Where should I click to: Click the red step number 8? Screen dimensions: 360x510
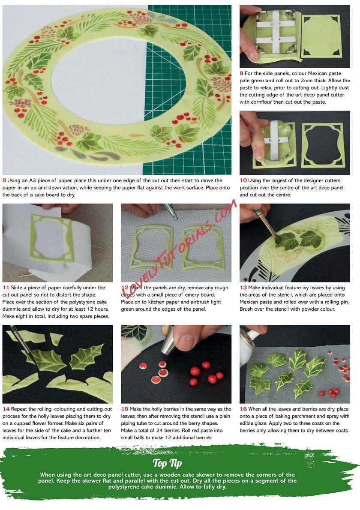[x=4, y=180]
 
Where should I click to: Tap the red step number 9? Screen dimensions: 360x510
[x=242, y=74]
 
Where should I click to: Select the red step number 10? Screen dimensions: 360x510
[x=243, y=180]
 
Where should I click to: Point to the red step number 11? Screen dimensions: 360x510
[x=6, y=288]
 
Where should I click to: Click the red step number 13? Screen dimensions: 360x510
[x=243, y=288]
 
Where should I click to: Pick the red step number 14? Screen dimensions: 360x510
[x=6, y=409]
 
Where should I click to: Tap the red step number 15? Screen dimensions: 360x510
[x=125, y=409]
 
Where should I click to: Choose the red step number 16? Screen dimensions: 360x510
[x=243, y=409]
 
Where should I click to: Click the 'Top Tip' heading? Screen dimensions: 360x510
[x=167, y=463]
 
